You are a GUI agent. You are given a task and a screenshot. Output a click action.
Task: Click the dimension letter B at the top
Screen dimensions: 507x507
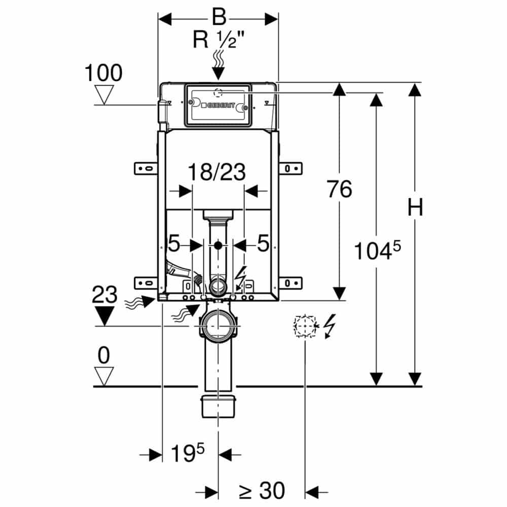pos(219,18)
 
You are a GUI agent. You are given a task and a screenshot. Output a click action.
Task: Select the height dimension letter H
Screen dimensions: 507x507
pos(415,208)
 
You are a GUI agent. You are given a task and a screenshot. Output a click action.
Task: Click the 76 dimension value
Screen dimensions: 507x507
pos(339,190)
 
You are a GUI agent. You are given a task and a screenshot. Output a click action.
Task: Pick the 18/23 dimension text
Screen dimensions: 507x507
pos(218,172)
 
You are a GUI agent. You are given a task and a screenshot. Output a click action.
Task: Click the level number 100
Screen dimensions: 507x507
pos(103,74)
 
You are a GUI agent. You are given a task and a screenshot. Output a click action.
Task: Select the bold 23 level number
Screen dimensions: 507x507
pos(104,295)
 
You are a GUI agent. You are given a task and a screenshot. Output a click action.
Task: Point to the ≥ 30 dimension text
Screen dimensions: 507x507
pos(262,490)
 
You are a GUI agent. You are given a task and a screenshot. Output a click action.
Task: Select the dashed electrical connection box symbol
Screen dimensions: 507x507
pos(305,327)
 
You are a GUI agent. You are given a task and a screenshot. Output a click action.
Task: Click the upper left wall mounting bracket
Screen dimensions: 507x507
pos(146,168)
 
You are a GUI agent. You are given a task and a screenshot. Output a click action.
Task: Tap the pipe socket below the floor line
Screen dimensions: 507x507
pos(219,406)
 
